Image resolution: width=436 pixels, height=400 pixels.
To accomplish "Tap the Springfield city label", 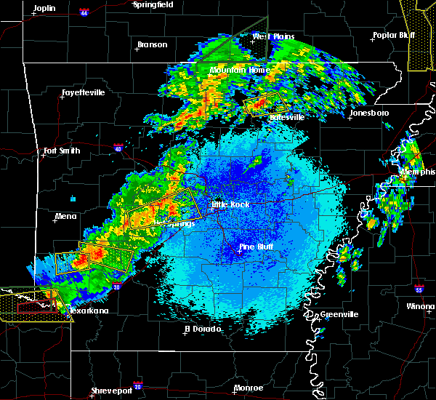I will click(x=154, y=4).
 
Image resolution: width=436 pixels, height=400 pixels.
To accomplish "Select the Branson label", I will click(x=152, y=45).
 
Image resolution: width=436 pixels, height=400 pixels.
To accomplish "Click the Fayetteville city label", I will click(x=83, y=93).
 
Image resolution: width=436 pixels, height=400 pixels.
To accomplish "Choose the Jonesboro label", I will click(x=368, y=113).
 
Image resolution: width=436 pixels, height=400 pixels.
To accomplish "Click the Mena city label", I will click(x=65, y=216).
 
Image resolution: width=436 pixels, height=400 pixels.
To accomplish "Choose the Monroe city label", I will click(x=249, y=388).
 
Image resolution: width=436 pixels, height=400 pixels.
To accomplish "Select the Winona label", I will click(x=421, y=306).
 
